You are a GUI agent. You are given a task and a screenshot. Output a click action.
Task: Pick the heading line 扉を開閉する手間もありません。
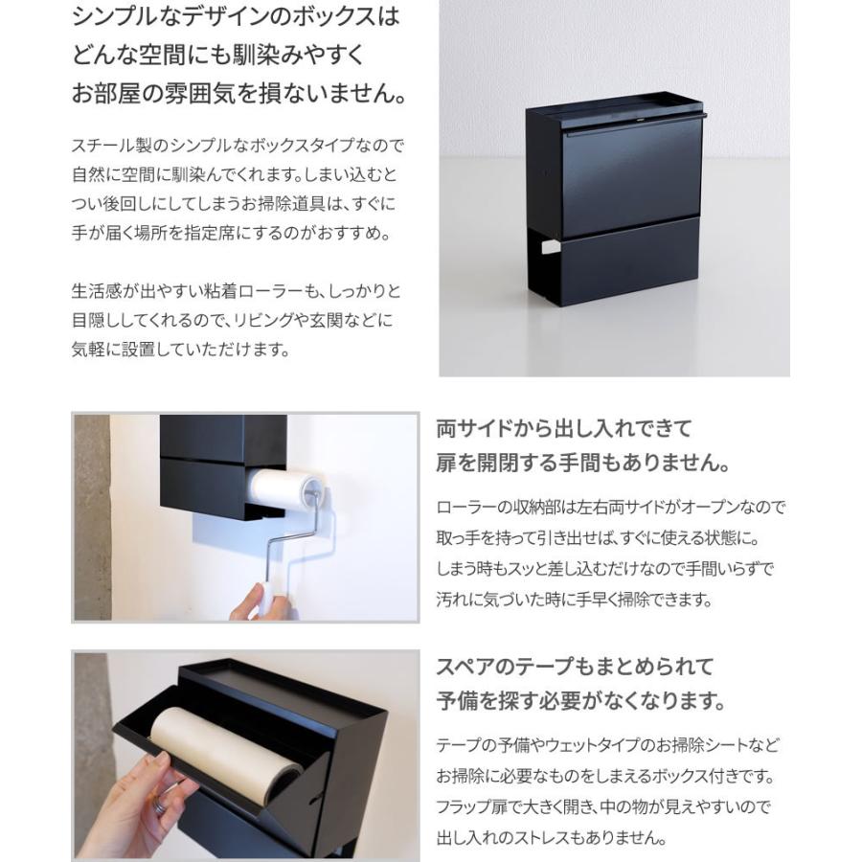582,465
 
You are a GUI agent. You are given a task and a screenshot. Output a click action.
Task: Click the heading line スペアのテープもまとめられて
575,667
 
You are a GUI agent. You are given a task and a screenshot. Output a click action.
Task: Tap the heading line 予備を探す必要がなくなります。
580,702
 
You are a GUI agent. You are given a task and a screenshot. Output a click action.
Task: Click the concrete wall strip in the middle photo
91,517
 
